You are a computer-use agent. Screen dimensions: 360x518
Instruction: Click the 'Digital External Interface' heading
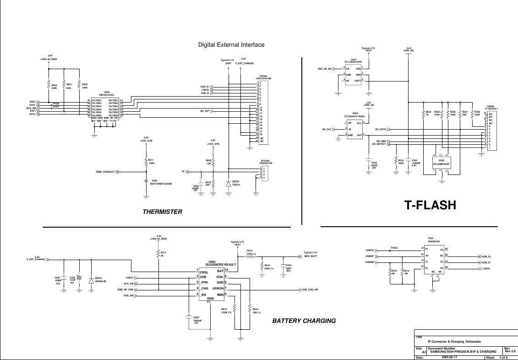click(x=231, y=45)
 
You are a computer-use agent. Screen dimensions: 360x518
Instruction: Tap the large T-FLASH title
click(x=430, y=206)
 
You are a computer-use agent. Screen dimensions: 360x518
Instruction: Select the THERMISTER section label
click(x=162, y=212)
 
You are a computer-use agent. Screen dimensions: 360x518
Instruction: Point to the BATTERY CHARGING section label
click(x=304, y=321)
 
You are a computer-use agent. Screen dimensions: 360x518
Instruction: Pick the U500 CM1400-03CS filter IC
click(x=105, y=109)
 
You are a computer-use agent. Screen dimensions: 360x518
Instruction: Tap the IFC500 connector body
click(x=264, y=112)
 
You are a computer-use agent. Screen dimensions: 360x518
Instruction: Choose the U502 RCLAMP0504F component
click(x=442, y=162)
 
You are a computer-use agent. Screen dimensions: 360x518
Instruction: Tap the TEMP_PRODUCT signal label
click(x=105, y=172)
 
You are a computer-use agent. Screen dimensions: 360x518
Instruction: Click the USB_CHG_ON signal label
click(x=310, y=290)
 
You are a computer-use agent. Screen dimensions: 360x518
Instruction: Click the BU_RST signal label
click(x=205, y=111)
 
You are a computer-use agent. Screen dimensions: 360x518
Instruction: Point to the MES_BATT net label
click(x=311, y=256)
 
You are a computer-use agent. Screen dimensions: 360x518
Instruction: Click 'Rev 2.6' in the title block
click(x=510, y=351)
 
